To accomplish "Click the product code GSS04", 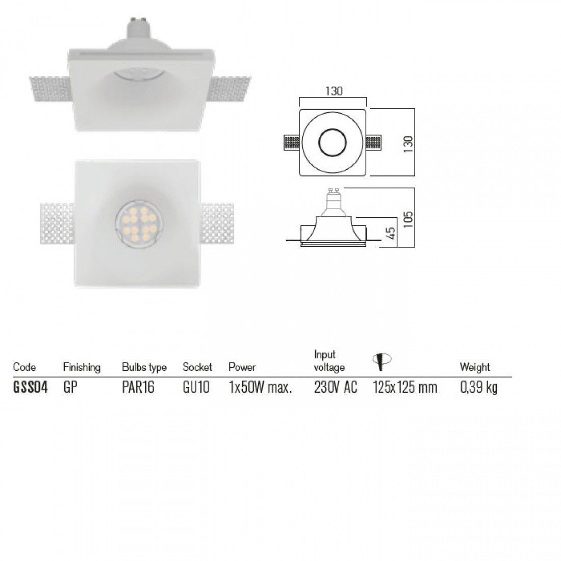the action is point(30,388).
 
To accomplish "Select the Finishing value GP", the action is point(70,388).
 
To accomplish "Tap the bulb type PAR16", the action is point(138,388).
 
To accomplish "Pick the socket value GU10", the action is point(196,388).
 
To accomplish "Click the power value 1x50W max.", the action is point(260,388).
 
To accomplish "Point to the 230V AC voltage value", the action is point(336,388).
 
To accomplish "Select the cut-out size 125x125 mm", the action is point(405,388).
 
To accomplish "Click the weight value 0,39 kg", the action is point(479,388).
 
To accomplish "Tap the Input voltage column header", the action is point(329,361).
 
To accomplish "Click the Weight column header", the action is point(475,367).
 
